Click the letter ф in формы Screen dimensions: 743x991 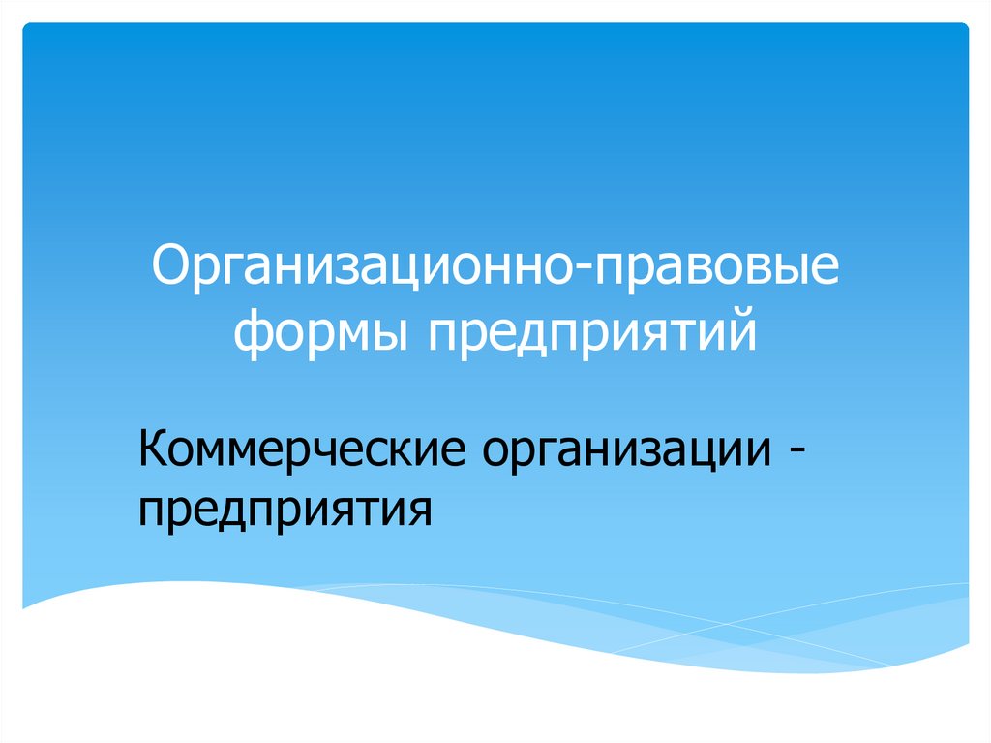point(254,333)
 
